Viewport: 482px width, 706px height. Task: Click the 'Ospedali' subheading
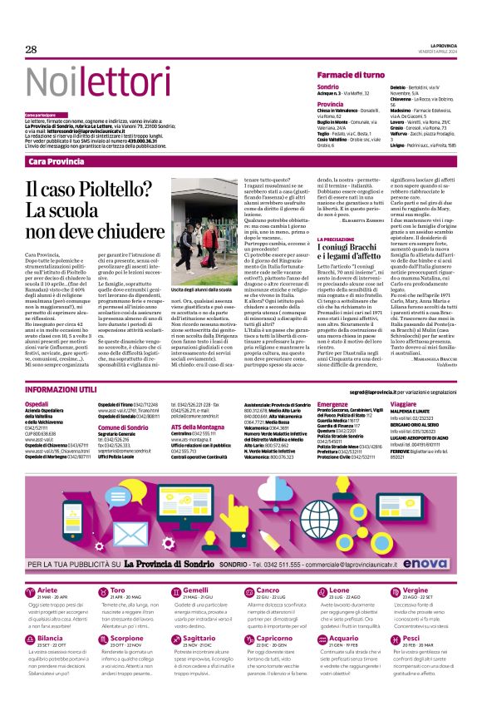click(x=39, y=403)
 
